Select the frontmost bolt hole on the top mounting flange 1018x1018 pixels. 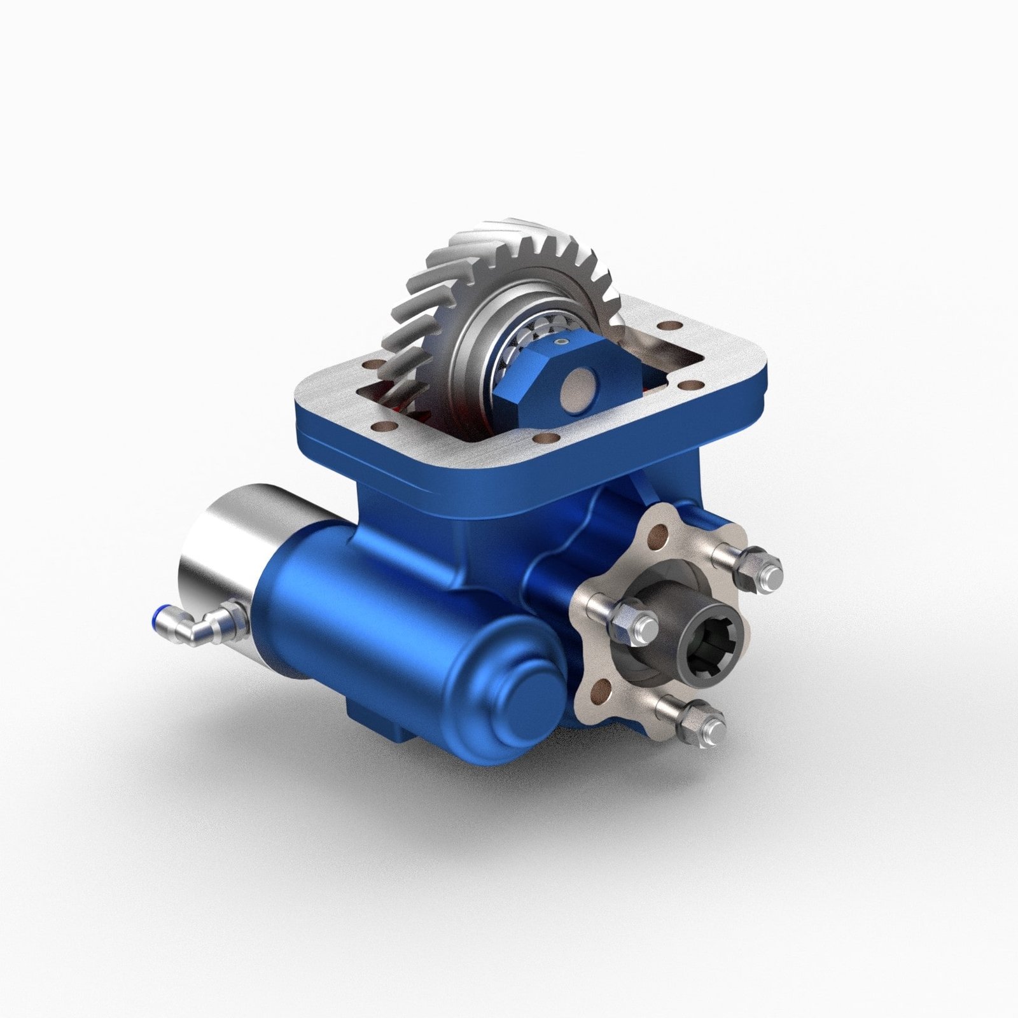546,438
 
